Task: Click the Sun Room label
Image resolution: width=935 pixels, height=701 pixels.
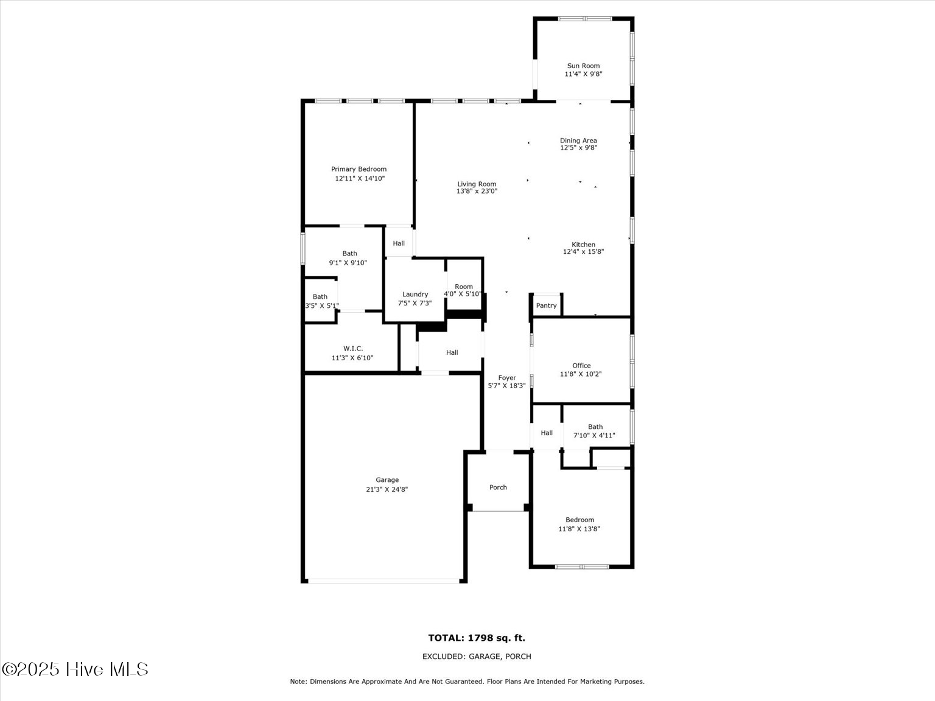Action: pos(583,66)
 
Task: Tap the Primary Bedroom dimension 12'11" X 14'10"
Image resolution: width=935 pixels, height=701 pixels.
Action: pos(360,179)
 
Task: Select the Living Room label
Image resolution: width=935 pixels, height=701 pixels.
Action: pos(477,184)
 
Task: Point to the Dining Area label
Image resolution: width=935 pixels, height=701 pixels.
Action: pos(578,141)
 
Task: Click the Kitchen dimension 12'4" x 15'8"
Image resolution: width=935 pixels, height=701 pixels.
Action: pos(583,252)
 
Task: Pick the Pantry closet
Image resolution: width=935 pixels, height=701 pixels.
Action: pos(546,305)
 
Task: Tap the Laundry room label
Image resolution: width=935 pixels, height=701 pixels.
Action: pos(415,295)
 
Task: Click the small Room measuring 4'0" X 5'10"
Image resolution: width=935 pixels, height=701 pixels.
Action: pos(463,287)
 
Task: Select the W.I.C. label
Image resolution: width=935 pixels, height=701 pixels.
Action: pos(353,349)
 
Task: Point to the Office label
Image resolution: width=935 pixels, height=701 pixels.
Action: pos(581,366)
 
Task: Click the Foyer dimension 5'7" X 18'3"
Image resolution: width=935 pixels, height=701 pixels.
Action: pos(506,386)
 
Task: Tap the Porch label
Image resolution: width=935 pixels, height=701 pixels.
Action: pos(498,487)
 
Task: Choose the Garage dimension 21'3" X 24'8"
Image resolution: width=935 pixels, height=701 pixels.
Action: pos(387,489)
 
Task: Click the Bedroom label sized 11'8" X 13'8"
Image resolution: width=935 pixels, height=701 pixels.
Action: pos(580,520)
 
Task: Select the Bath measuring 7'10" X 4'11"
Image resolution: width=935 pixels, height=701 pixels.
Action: pos(595,427)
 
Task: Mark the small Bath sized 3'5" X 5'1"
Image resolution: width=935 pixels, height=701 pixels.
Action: pos(320,297)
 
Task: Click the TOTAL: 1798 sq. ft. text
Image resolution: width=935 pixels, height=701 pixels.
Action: pos(477,638)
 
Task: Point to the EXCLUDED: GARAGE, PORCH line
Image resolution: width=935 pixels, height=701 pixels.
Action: pos(477,657)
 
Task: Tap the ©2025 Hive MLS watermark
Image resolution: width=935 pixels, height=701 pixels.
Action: pos(75,670)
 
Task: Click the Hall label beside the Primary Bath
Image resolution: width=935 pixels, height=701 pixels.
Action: pos(399,243)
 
